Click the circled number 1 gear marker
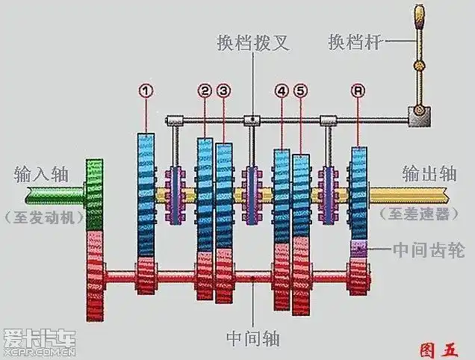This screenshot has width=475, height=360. pyautogui.click(x=146, y=91)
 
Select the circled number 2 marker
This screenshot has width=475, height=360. pyautogui.click(x=205, y=91)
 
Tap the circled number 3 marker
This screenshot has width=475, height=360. pyautogui.click(x=224, y=91)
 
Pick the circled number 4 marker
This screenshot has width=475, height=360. pyautogui.click(x=282, y=91)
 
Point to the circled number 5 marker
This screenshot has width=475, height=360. pyautogui.click(x=301, y=91)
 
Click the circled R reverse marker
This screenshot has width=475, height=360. pyautogui.click(x=358, y=91)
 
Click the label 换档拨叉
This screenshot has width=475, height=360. pyautogui.click(x=252, y=43)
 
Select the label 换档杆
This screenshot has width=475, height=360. pyautogui.click(x=354, y=43)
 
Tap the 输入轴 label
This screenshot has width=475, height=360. pyautogui.click(x=41, y=176)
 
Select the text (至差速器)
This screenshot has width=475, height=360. pyautogui.click(x=419, y=214)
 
